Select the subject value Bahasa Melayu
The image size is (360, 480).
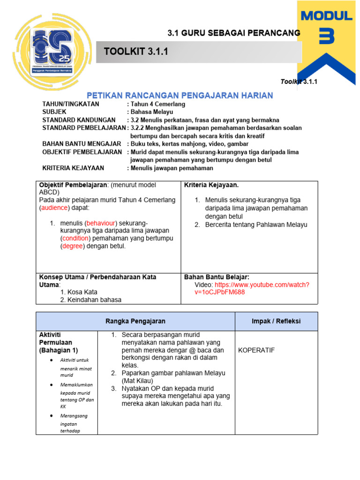(x=152, y=112)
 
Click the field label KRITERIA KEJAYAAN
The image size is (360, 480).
(x=73, y=168)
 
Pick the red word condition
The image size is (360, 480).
(x=75, y=239)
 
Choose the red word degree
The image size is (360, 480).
(x=73, y=247)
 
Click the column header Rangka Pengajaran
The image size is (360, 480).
(x=135, y=321)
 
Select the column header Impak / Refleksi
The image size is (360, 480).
(x=276, y=321)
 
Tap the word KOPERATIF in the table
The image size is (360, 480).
(x=256, y=350)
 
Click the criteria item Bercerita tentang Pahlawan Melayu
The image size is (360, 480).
(x=256, y=225)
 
